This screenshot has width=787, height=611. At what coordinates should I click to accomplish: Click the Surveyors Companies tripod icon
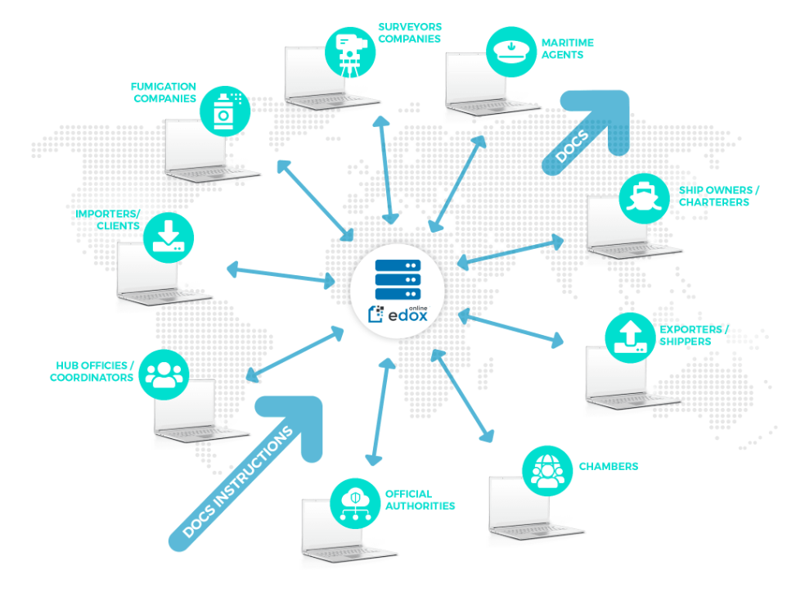click(349, 52)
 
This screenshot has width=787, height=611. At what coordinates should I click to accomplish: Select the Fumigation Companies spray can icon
click(223, 111)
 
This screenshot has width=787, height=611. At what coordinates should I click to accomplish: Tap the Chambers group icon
click(546, 470)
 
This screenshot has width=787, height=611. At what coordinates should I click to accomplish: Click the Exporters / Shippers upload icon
click(628, 337)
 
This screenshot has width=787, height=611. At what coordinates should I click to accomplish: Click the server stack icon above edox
click(398, 279)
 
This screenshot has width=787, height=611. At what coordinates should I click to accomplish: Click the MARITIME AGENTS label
click(567, 48)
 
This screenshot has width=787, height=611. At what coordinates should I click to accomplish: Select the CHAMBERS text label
click(609, 467)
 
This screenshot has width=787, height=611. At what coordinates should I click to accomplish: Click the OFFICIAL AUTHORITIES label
click(420, 500)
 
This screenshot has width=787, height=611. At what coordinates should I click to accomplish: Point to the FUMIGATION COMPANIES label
click(164, 93)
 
